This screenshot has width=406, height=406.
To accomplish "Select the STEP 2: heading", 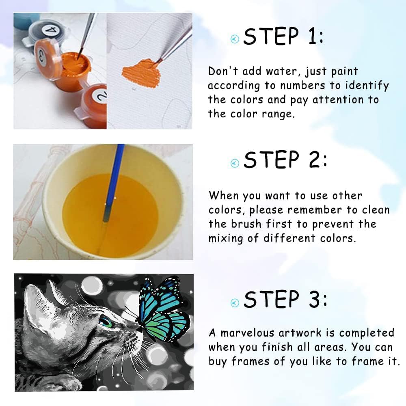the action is point(285,160).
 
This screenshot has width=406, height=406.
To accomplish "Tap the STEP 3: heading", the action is point(285,299).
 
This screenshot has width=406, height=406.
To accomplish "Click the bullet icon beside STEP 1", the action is point(235,39).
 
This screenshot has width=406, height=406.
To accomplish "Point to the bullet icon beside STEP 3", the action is point(235,303).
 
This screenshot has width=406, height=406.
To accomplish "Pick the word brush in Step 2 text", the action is point(246,224).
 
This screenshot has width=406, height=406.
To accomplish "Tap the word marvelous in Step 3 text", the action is point(247,333).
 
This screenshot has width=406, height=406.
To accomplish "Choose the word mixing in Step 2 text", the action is point(226,238).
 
